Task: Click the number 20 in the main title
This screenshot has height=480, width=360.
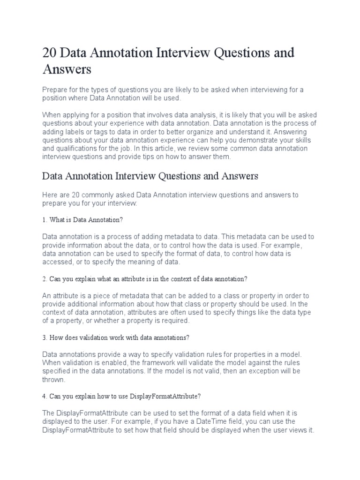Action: [50, 52]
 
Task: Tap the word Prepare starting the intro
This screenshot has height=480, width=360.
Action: [56, 90]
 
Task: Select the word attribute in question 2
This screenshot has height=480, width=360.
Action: [132, 279]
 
